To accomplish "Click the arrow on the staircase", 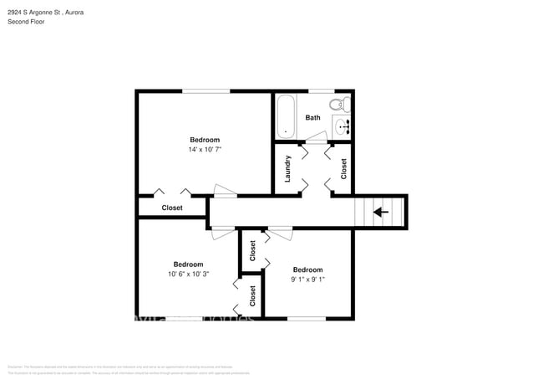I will coord(381,212).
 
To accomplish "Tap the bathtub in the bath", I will coord(286,117).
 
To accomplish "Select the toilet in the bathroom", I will coord(338,105).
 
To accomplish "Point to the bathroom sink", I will coord(342,127).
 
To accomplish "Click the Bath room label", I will coord(312,118).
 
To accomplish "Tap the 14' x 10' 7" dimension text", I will coord(205,150).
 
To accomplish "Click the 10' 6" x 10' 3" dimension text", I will coord(188,274).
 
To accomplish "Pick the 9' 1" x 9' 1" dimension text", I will coord(307,280).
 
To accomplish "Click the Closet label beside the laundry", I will coord(344,168).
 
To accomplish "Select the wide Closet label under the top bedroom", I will coord(172,208).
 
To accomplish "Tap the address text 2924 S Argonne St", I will coord(37,13).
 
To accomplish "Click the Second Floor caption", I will coord(26,22).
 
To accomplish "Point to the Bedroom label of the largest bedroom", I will coord(205,140).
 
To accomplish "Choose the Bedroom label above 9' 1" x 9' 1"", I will coord(307,269).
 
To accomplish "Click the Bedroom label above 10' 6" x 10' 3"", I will coord(188,264).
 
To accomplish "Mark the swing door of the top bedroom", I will coord(225,192).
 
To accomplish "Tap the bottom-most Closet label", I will coord(252,295).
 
